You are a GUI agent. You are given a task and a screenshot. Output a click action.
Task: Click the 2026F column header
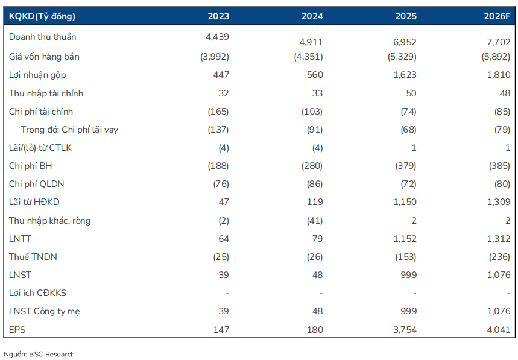click(497, 16)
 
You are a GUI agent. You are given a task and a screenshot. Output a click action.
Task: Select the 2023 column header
click(218, 16)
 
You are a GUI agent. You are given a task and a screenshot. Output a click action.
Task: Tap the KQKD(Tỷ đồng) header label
click(42, 16)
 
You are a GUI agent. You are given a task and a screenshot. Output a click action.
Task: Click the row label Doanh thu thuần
click(43, 37)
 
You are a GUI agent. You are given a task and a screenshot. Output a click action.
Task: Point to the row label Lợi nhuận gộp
click(37, 75)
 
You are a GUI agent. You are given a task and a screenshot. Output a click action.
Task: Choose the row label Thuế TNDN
click(33, 257)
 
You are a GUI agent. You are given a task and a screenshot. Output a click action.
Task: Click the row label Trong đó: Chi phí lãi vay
click(69, 130)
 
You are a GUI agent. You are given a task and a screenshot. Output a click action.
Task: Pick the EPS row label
click(17, 330)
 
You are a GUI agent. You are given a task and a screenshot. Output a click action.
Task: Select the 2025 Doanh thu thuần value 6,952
click(405, 42)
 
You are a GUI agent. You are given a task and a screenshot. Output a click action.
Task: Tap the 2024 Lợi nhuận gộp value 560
click(315, 75)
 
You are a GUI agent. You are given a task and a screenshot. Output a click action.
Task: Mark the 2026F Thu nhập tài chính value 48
click(505, 93)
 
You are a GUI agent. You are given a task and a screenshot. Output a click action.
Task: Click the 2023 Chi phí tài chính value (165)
click(218, 112)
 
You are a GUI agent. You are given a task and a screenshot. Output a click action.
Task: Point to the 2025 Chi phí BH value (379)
click(406, 166)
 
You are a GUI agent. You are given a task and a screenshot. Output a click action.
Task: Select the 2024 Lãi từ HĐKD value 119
click(315, 202)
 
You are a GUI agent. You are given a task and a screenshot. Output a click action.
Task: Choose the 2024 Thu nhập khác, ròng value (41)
click(315, 221)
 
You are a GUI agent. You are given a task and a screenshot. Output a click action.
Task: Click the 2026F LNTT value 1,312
click(499, 238)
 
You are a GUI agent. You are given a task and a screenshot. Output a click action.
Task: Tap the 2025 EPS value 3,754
click(405, 330)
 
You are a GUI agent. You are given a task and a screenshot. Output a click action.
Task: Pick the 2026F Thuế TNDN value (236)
click(499, 257)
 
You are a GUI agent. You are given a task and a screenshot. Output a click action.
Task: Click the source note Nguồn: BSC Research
click(39, 355)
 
